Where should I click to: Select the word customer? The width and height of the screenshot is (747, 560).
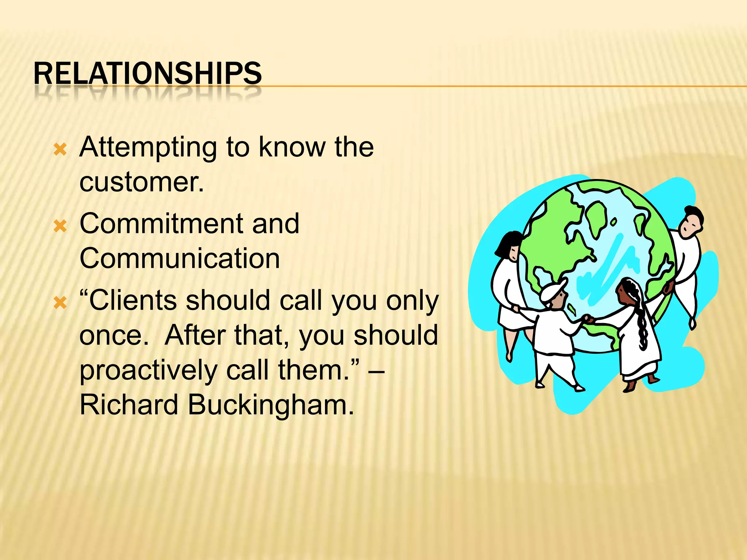(x=142, y=182)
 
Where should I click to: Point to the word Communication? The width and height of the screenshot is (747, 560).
(x=179, y=258)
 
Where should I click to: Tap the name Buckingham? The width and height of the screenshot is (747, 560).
(x=270, y=405)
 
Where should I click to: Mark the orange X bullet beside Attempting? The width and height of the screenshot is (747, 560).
(x=60, y=149)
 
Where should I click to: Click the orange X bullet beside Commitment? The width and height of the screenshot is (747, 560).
(x=60, y=226)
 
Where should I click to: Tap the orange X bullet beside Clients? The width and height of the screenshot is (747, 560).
(x=60, y=303)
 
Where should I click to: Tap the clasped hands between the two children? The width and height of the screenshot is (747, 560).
(x=587, y=319)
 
